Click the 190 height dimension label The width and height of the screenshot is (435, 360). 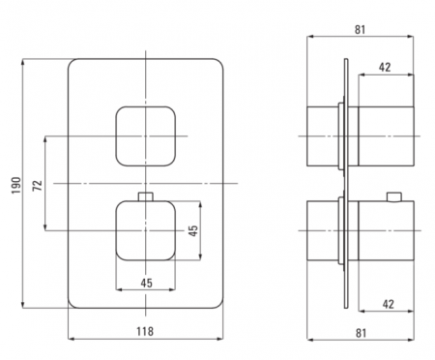(16, 185)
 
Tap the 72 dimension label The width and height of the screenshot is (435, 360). (38, 185)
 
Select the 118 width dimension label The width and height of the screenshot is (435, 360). (145, 331)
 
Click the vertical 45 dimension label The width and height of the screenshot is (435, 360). (193, 230)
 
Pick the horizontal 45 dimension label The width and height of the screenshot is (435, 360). (146, 283)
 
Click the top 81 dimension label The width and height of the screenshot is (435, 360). (361, 29)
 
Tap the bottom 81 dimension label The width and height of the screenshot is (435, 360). (361, 333)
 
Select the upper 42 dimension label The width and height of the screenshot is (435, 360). (385, 67)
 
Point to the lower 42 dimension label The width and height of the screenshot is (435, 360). (389, 304)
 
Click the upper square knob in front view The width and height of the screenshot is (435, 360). (146, 136)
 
